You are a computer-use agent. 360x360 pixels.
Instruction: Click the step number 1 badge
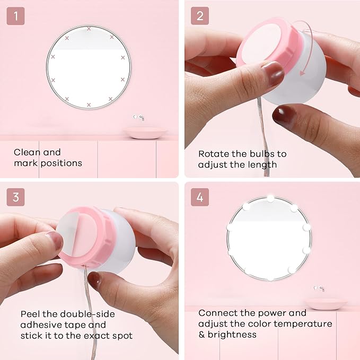pyautogui.click(x=15, y=16)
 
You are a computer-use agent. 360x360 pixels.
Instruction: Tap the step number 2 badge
pyautogui.click(x=200, y=16)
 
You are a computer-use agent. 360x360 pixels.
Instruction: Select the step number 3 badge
pyautogui.click(x=15, y=197)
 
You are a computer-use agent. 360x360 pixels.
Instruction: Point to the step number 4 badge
pyautogui.click(x=200, y=197)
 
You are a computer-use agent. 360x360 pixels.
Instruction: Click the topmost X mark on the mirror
pyautogui.click(x=89, y=29)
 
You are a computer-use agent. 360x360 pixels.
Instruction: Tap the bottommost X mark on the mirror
pyautogui.click(x=89, y=104)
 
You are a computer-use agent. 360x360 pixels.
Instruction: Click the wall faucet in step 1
pyautogui.click(x=139, y=118)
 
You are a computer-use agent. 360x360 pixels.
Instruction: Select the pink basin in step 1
pyautogui.click(x=146, y=133)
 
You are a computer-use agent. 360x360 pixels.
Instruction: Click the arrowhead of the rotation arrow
pyautogui.click(x=303, y=73)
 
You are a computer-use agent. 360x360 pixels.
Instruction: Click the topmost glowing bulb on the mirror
pyautogui.click(x=270, y=198)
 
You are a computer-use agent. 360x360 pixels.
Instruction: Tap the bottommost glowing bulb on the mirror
pyautogui.click(x=270, y=278)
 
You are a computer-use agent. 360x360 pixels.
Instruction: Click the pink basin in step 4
pyautogui.click(x=327, y=303)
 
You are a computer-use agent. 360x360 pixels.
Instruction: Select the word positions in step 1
pyautogui.click(x=62, y=163)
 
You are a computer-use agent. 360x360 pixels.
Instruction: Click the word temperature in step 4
pyautogui.click(x=303, y=324)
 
